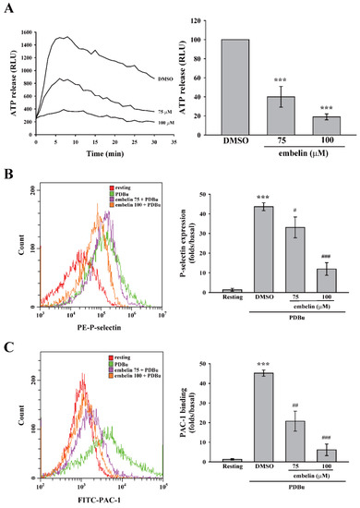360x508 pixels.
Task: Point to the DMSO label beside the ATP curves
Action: tap(153, 79)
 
